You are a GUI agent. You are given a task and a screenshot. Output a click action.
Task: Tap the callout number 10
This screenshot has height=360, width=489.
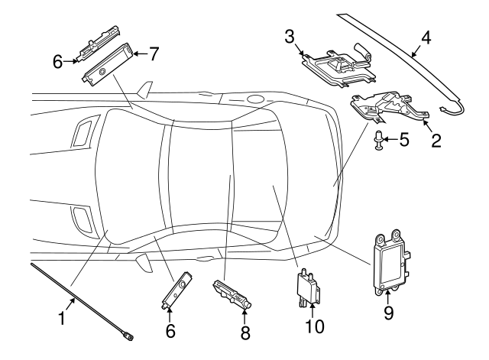tap(315, 326)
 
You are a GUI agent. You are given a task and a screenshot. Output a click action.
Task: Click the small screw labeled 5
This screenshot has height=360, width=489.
tap(379, 141)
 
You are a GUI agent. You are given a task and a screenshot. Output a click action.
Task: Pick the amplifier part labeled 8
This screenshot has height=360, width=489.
tap(232, 293)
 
